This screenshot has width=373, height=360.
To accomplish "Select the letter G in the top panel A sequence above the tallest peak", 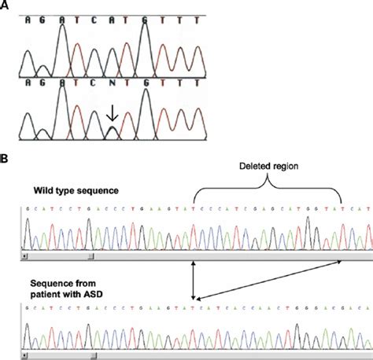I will [x=146, y=19].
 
